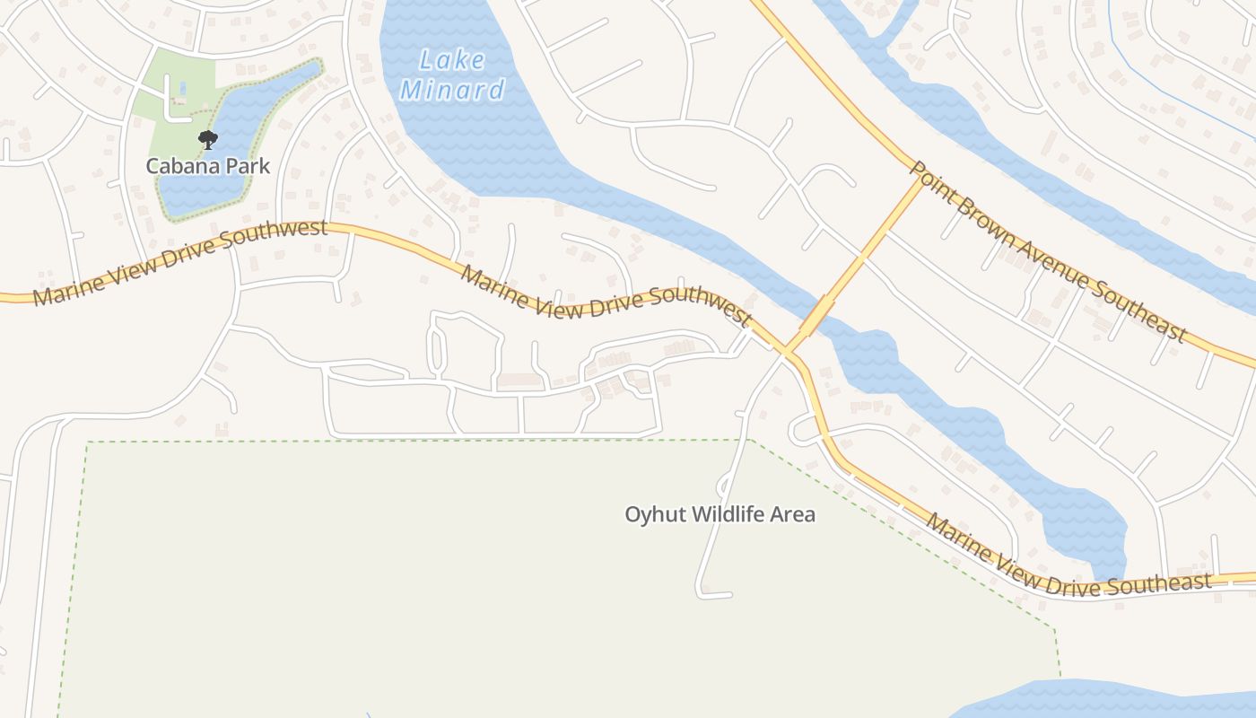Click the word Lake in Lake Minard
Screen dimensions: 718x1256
tap(453, 61)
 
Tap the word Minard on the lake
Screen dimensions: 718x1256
tap(452, 90)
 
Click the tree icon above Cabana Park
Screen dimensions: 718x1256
tap(208, 139)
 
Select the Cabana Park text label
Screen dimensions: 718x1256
tap(208, 166)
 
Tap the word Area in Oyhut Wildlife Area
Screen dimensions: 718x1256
tap(792, 514)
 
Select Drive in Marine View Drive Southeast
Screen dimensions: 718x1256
tap(1062, 579)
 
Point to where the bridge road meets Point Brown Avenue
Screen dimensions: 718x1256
tap(921, 180)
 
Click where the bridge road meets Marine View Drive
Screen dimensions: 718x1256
tap(785, 351)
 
